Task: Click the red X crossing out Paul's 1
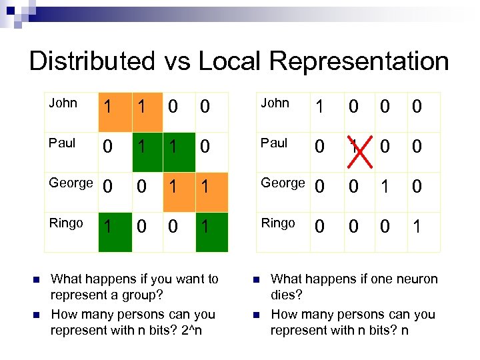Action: [353, 146]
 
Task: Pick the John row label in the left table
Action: [63, 103]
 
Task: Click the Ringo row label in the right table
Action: [277, 223]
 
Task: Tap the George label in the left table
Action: [71, 183]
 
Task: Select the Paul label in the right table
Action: [274, 143]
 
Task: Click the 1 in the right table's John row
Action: [319, 107]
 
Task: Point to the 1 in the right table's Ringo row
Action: [417, 227]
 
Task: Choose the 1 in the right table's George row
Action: [385, 187]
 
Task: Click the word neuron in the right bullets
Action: [417, 279]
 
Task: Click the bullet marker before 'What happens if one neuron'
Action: [256, 279]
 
